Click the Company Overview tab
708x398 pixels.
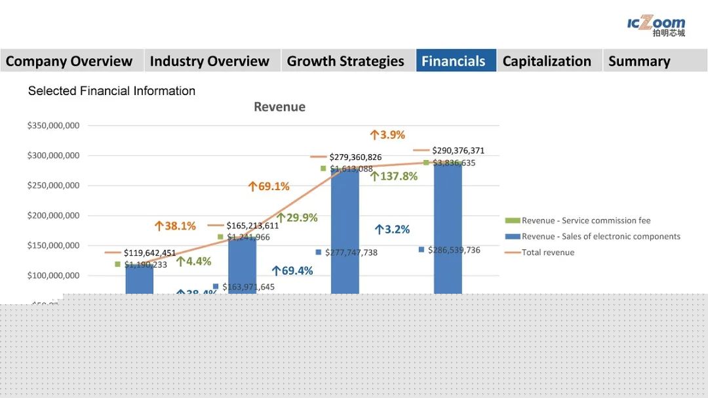[69, 61]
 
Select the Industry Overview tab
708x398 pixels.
[210, 61]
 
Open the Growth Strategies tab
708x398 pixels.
[345, 61]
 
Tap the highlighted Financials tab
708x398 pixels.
[454, 61]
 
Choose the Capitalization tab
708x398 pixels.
[547, 61]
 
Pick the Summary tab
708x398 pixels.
[639, 61]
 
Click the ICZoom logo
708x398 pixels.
[656, 26]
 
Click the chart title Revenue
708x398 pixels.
[279, 107]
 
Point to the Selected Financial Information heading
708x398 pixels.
[111, 91]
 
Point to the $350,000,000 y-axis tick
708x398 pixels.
[53, 126]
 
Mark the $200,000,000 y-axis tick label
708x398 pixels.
[53, 216]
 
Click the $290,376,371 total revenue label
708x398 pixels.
[458, 151]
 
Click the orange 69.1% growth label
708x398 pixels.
[269, 186]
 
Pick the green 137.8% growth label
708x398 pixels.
[394, 176]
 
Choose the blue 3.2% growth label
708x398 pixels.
[392, 229]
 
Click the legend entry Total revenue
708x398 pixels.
[547, 252]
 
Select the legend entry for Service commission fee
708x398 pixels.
[585, 220]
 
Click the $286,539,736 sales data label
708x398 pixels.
[454, 250]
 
